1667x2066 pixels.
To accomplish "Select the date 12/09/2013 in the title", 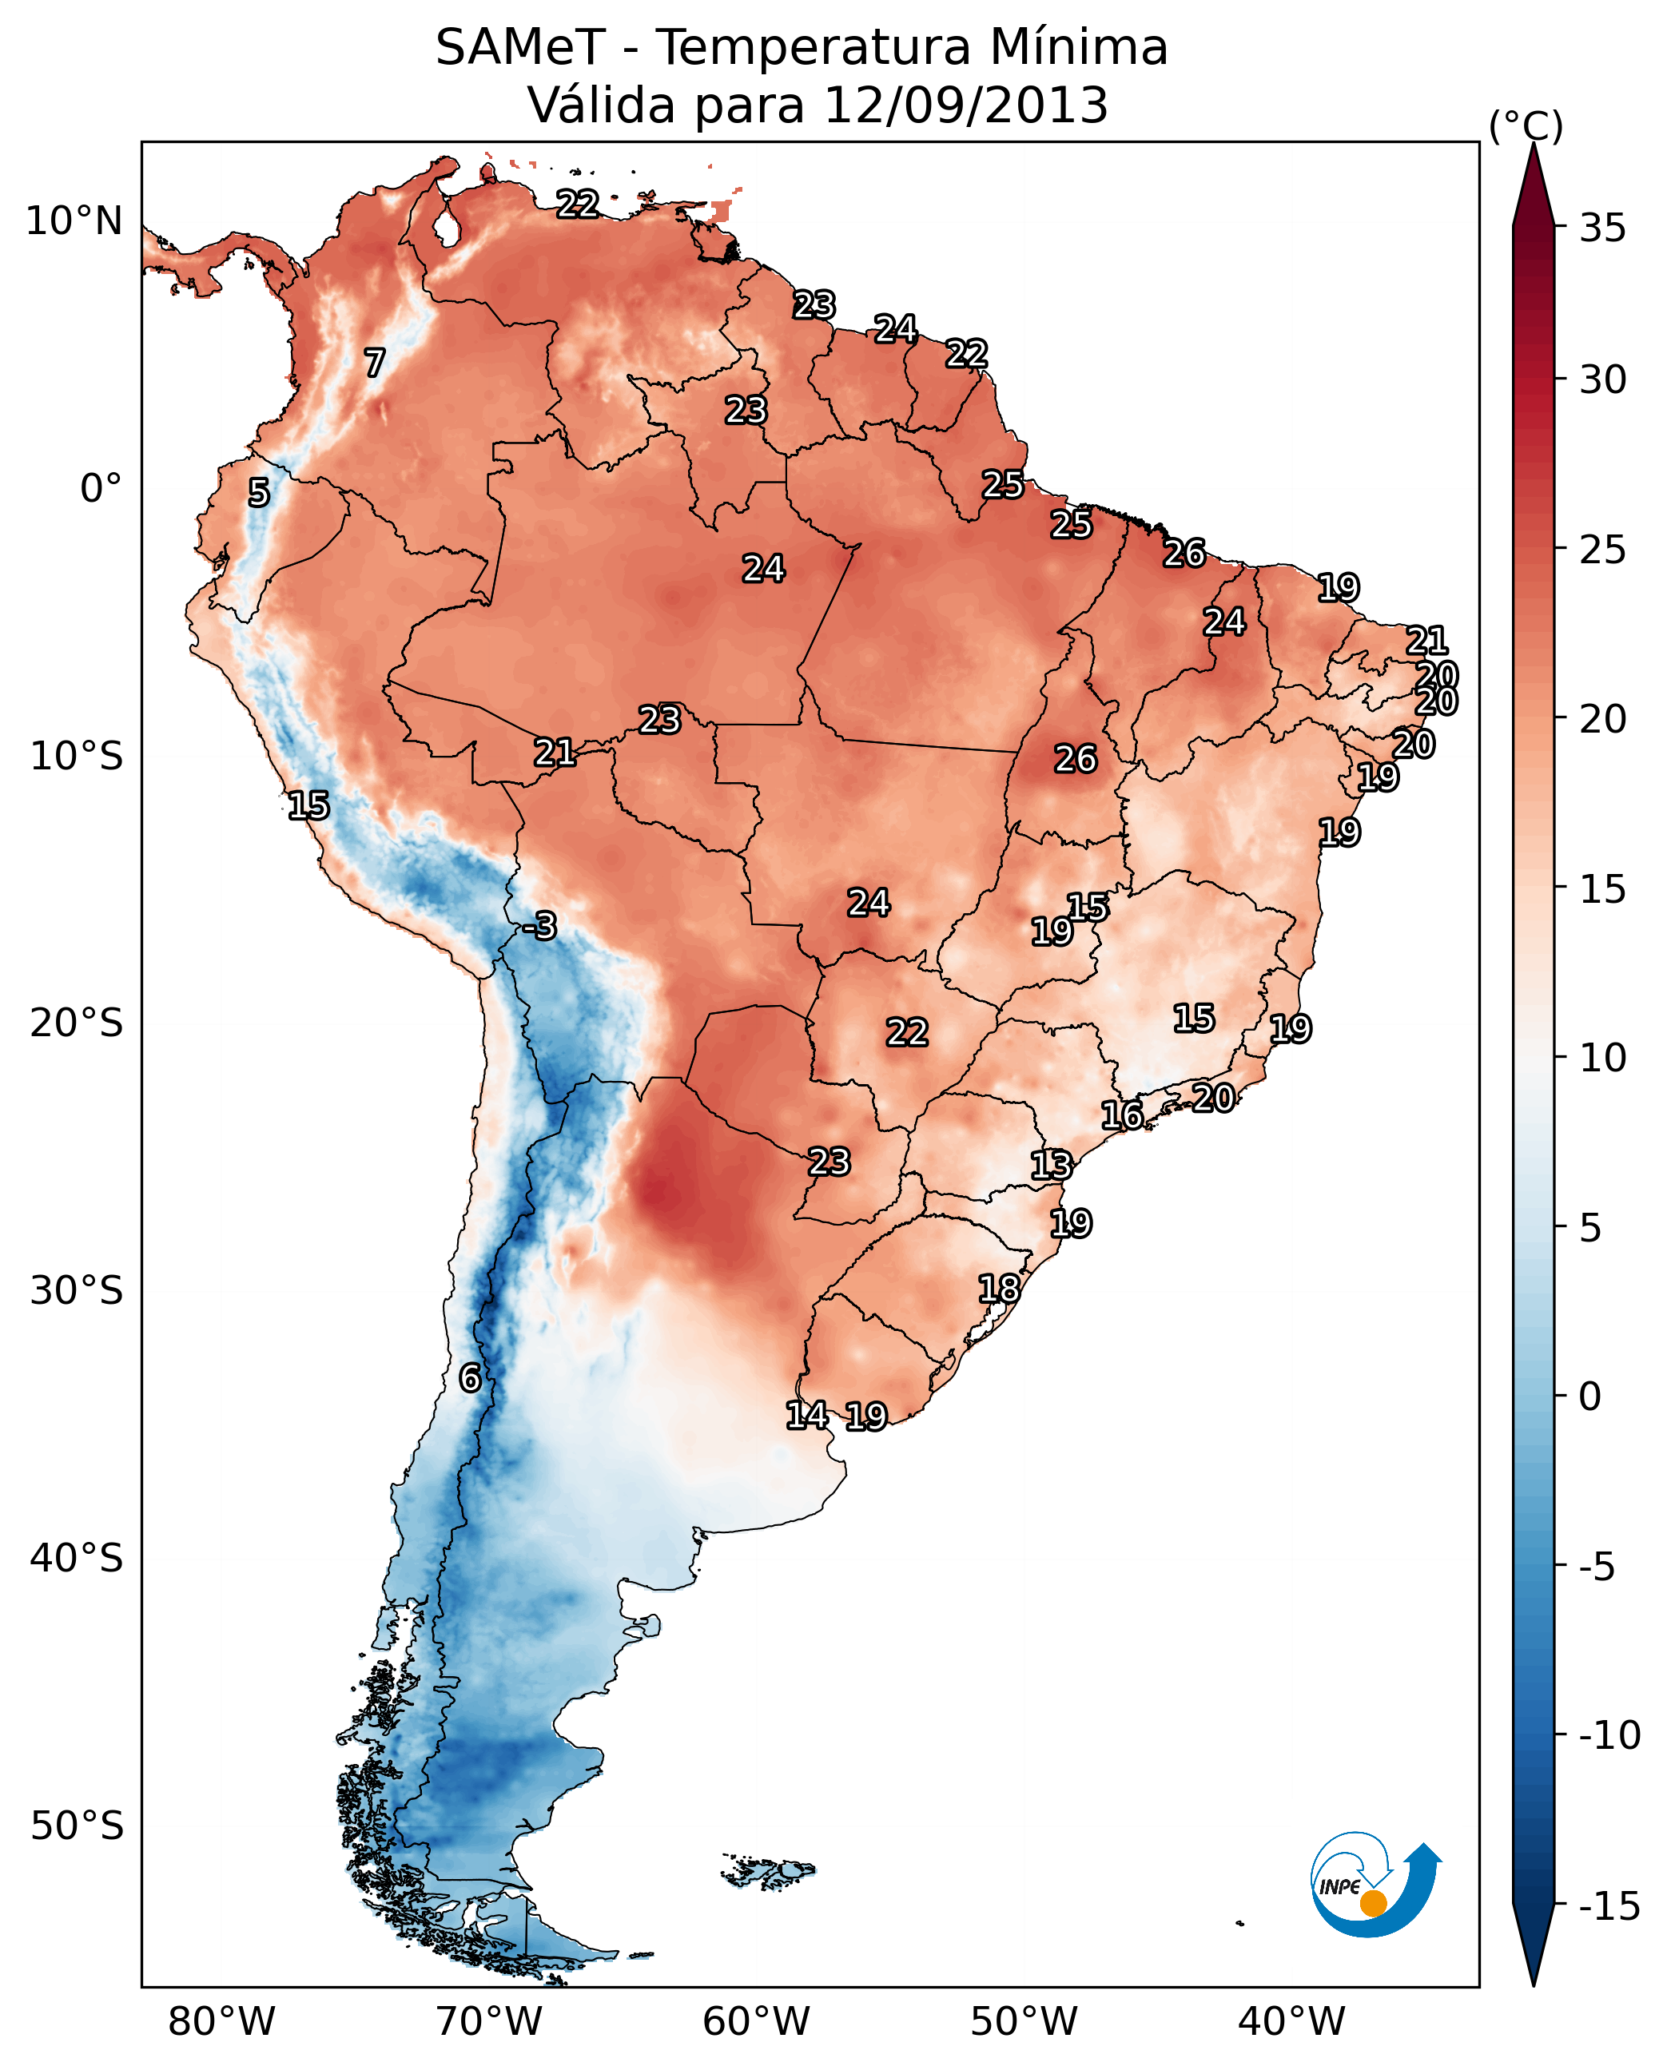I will coord(966,105).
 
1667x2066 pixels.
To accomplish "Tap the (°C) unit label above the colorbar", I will coord(1525,125).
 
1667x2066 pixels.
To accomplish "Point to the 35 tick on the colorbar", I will coord(1602,228).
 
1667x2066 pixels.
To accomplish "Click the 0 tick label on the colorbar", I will coord(1590,1397).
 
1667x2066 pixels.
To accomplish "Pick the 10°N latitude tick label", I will coord(74,222).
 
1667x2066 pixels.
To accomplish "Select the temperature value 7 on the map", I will coord(375,363).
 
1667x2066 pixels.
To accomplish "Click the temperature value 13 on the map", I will coord(1051,1166).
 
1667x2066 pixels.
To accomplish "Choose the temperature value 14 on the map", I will coord(806,1415).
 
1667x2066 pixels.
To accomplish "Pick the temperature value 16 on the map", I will coord(1121,1115).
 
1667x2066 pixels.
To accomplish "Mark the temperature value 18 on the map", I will coord(999,1289).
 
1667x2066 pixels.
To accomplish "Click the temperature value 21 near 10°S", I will coord(555,753).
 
